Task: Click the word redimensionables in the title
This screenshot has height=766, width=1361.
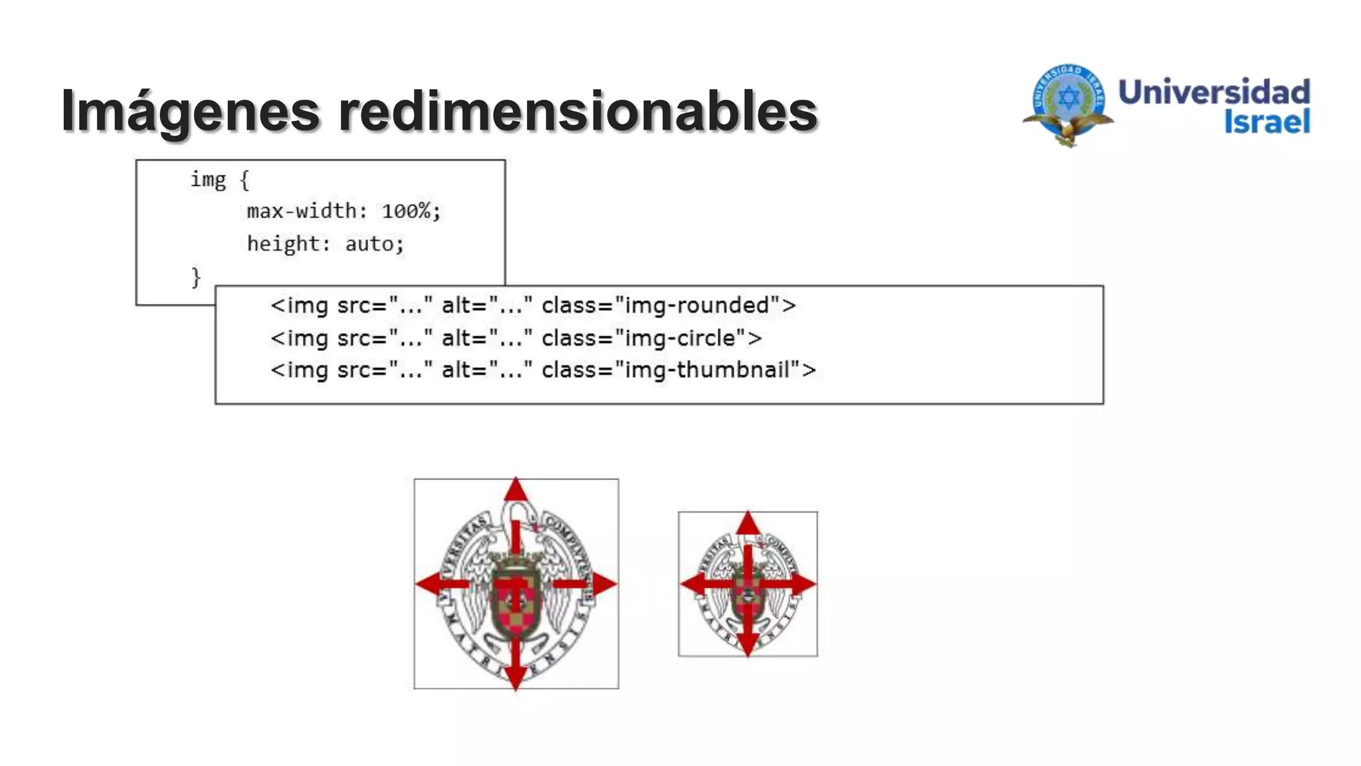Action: pos(578,110)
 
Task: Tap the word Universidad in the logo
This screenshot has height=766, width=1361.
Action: pos(1214,92)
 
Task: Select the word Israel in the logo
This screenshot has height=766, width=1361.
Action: pos(1267,122)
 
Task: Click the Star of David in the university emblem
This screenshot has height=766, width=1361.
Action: pos(1069,98)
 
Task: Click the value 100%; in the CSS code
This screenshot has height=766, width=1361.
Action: pos(411,211)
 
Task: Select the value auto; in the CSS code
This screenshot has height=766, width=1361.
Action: pos(374,244)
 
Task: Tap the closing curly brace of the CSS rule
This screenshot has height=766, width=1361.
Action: pos(195,277)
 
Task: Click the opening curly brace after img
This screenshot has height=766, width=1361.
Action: pos(245,180)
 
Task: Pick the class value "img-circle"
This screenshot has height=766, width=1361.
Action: pos(680,338)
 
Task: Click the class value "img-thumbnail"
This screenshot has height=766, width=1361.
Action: pos(708,370)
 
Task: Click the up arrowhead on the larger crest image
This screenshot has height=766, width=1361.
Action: pos(516,491)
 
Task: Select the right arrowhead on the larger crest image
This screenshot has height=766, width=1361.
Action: pos(604,584)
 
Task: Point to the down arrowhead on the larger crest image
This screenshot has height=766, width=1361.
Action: pos(516,678)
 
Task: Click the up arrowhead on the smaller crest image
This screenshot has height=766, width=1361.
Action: pos(748,523)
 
